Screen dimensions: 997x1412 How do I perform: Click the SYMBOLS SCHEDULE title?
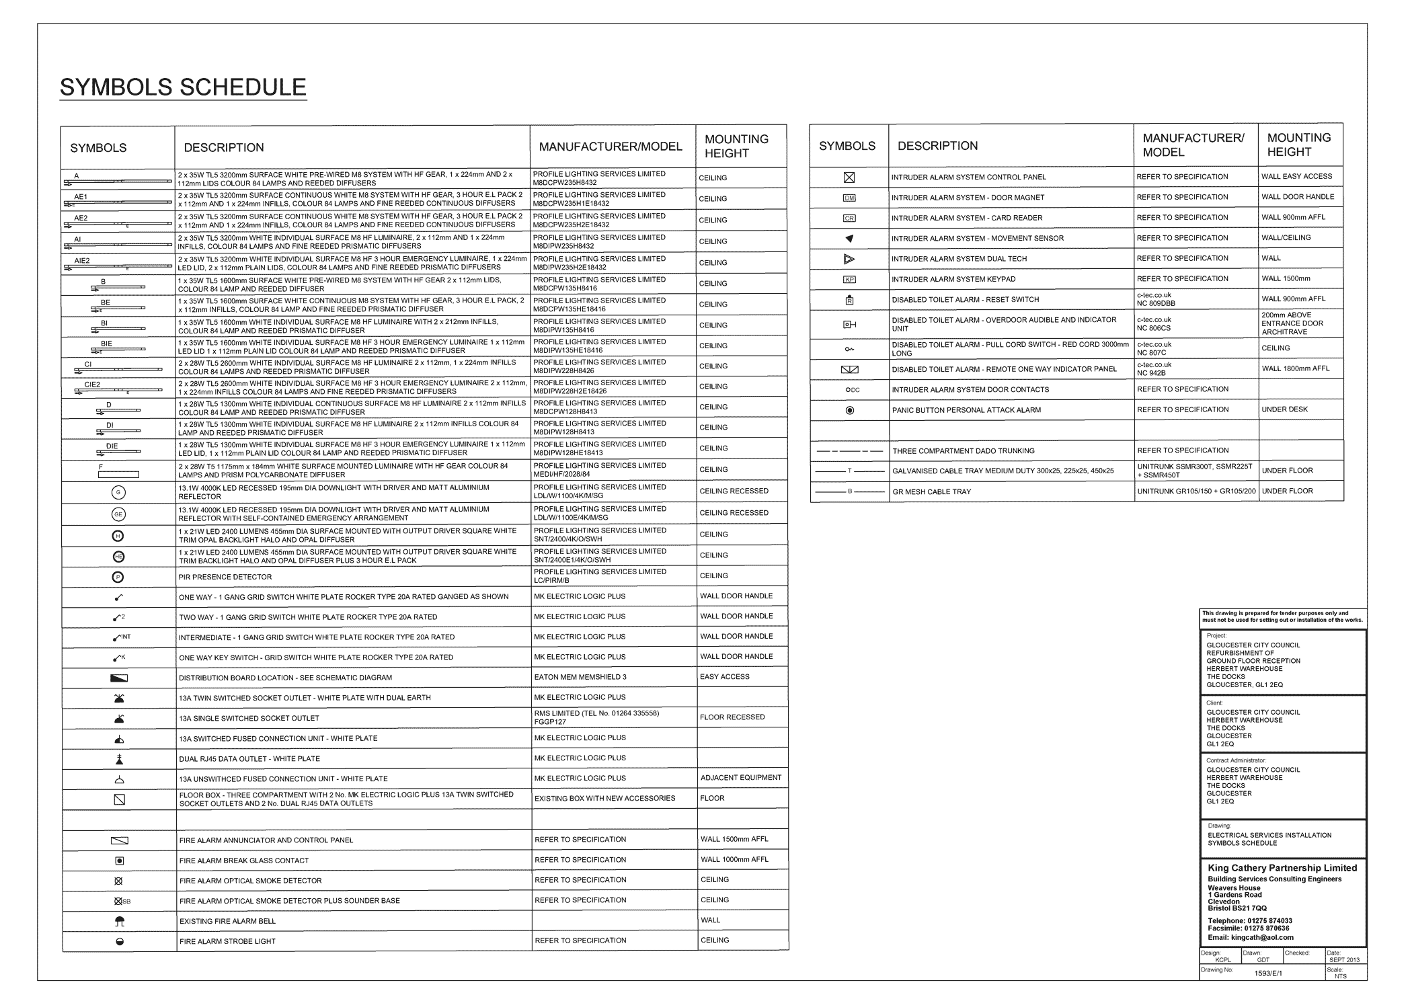(183, 87)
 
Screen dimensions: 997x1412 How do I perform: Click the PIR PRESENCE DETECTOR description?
(225, 577)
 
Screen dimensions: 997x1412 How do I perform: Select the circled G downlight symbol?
(118, 493)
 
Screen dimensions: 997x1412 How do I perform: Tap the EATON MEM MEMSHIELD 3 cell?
(580, 677)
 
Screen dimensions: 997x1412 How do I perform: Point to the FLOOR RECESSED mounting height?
(732, 717)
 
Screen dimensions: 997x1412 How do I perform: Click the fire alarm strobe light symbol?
(120, 941)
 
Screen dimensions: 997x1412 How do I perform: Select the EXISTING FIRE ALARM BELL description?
(227, 921)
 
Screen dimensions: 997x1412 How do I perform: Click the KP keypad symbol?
(849, 280)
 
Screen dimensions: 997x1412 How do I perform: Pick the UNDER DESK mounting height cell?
(1284, 409)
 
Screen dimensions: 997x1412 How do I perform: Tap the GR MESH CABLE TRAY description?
(931, 491)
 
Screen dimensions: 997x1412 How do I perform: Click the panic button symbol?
(849, 410)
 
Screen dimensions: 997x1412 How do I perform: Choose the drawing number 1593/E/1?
(1268, 973)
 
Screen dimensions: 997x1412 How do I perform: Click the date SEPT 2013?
(1344, 959)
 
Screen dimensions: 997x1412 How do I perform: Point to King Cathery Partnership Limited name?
(1282, 868)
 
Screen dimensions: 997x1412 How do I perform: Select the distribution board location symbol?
(119, 678)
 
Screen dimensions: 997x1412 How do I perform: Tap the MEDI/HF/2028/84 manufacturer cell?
(561, 474)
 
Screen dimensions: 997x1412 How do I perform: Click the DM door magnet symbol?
(849, 198)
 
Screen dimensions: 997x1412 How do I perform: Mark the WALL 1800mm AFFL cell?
(1296, 368)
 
